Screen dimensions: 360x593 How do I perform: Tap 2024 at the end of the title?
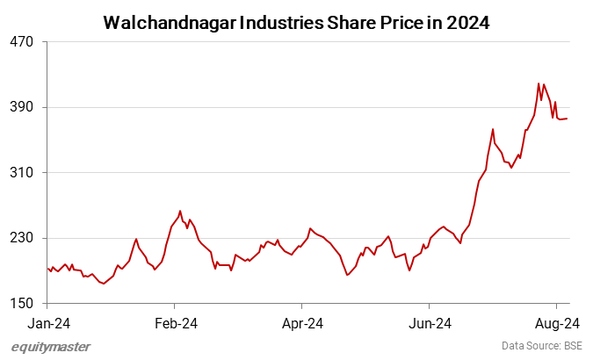coord(466,22)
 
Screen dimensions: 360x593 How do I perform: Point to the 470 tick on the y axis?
coord(23,41)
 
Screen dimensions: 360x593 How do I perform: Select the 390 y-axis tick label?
coord(23,107)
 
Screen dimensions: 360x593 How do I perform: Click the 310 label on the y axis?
coord(23,173)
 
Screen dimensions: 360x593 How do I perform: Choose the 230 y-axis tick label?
coord(23,239)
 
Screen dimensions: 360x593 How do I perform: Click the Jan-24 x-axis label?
coord(47,324)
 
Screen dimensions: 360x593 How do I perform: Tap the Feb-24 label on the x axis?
coord(176,324)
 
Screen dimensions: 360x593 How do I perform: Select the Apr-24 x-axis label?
coord(301,324)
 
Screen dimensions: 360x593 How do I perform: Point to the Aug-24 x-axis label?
coord(555,324)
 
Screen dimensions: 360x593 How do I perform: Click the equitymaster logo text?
coord(51,347)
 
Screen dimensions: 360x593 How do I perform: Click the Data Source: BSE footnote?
coord(542,347)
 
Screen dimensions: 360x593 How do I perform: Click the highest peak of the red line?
coord(538,83)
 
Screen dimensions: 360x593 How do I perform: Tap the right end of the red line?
coord(568,119)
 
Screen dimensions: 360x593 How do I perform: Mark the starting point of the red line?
coord(47,269)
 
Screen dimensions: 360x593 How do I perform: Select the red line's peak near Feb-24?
coord(180,211)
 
